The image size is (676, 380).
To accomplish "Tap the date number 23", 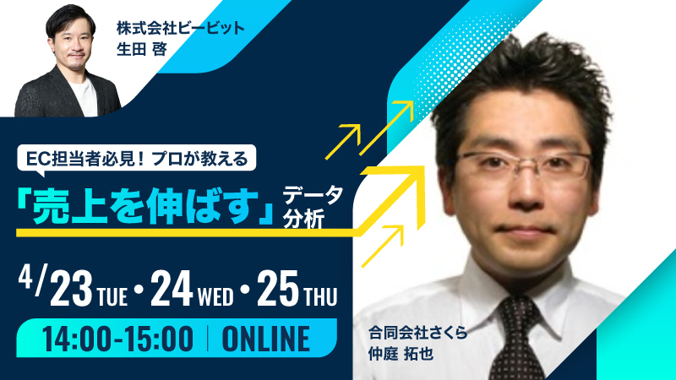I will point(72,290).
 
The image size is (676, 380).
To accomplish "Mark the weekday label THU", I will point(320,296).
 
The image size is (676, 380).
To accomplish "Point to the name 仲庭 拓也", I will point(401,354).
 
